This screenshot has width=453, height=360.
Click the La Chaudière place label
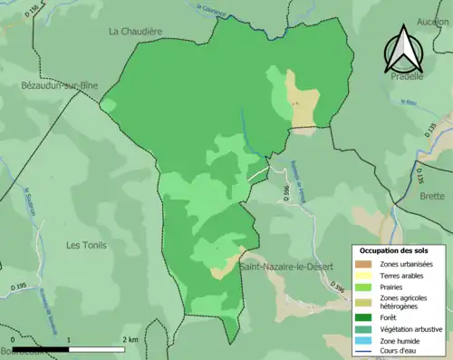[135, 31]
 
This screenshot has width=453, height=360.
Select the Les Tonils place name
[87, 245]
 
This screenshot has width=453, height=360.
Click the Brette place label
[432, 196]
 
